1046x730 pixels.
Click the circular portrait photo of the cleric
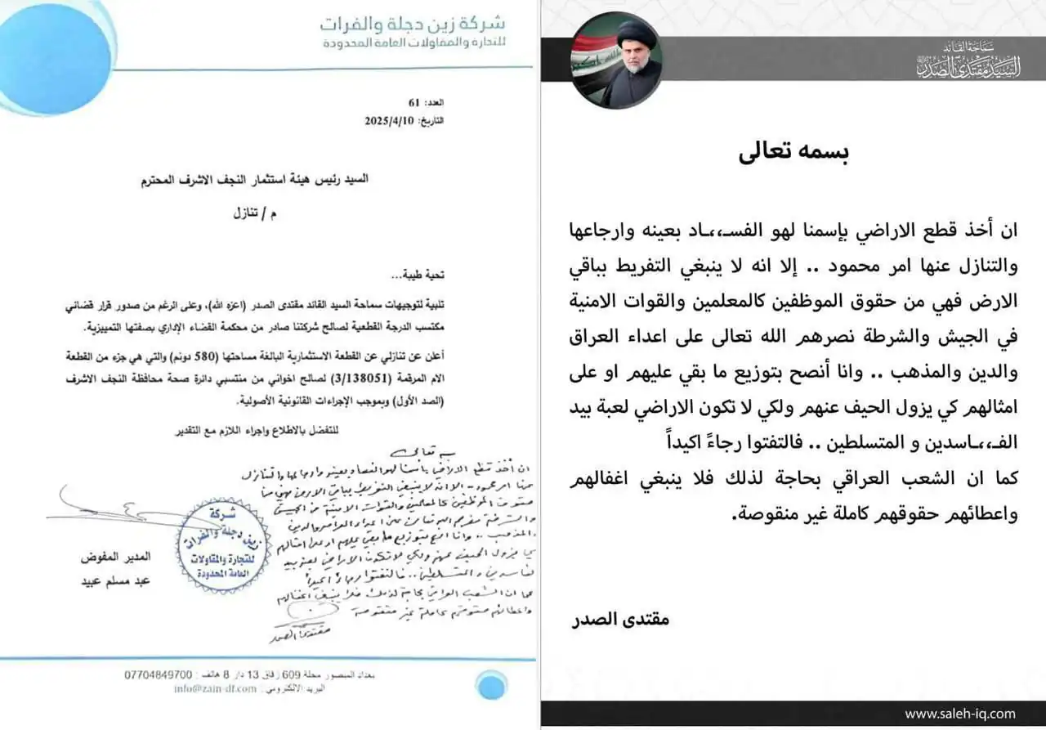point(616,61)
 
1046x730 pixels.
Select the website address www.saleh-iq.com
point(960,714)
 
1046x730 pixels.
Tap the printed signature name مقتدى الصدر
point(621,620)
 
